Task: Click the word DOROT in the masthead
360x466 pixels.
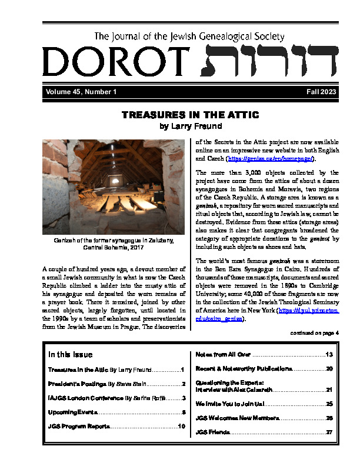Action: tap(111, 62)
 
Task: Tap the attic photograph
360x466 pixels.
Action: tap(113, 187)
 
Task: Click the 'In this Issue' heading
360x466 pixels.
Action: tap(71, 354)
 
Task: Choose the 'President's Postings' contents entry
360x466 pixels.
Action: tap(104, 384)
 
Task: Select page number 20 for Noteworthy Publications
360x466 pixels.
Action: tap(329, 368)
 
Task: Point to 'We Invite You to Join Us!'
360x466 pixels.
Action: tap(231, 404)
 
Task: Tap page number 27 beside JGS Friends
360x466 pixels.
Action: tap(329, 432)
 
